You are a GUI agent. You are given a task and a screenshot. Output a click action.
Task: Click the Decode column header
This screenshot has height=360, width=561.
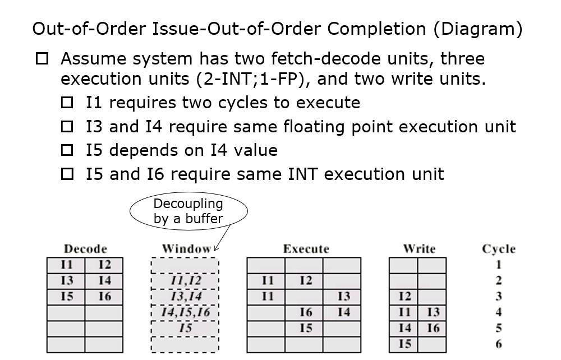point(85,248)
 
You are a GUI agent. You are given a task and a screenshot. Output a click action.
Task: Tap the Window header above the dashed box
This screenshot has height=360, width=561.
point(186,248)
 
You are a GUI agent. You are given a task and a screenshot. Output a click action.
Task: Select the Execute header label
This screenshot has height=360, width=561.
point(306,248)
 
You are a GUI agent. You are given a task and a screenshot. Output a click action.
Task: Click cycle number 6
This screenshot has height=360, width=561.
point(499,344)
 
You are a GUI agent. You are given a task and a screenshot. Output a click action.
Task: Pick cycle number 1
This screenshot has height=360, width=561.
point(499,265)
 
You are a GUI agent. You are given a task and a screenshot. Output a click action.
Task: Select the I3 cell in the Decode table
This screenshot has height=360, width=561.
point(66,280)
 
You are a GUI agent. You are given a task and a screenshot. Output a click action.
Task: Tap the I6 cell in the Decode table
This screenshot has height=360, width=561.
point(104,296)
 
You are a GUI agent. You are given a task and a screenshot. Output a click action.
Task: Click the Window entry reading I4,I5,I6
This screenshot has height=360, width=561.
point(185,312)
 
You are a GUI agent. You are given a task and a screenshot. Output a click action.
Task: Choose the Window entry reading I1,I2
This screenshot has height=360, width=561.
point(185,280)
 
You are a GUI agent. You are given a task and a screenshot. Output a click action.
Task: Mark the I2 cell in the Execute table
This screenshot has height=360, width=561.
point(305,280)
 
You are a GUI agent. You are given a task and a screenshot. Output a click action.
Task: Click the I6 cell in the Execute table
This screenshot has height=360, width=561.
point(305,312)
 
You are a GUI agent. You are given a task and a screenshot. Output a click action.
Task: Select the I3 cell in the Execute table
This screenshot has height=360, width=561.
point(343,296)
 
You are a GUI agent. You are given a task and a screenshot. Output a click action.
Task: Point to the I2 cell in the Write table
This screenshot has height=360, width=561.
point(404,296)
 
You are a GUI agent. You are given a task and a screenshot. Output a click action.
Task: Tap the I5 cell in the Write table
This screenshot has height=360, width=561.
point(404,344)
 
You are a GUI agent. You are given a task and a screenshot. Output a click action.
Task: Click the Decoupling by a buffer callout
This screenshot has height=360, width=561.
point(188,211)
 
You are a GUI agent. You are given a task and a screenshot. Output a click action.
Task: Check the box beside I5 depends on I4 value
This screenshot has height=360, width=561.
point(67,150)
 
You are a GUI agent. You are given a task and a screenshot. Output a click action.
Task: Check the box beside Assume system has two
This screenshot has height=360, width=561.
point(42,58)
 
